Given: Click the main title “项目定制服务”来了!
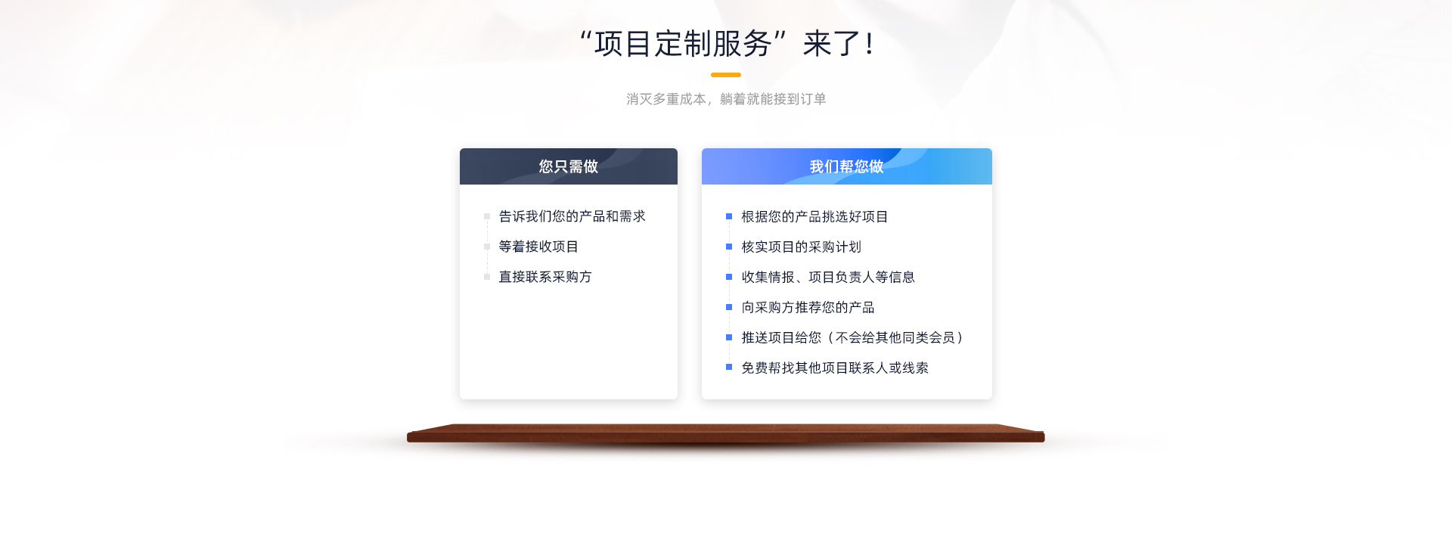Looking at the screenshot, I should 726,44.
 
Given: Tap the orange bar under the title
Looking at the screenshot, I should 726,75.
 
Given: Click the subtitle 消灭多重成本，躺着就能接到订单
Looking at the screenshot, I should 726,99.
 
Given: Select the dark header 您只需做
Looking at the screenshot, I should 569,166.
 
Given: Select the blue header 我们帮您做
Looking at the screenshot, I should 846,166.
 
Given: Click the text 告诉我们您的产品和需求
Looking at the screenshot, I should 572,216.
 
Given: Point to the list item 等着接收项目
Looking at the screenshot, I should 538,247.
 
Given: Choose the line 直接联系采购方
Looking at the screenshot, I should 545,277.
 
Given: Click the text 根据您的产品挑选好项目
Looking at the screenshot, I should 814,216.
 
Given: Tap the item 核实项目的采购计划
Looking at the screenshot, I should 801,247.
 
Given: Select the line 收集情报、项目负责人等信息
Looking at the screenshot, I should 828,277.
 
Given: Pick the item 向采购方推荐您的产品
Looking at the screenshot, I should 808,307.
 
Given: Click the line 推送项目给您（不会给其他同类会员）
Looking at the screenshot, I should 852,337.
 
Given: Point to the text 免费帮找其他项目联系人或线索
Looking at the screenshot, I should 835,368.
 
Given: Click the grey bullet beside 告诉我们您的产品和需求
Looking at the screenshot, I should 487,216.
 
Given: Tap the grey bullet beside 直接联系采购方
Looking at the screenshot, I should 487,277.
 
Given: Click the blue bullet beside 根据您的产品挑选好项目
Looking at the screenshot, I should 729,216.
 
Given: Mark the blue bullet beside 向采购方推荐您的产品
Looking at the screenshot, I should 729,307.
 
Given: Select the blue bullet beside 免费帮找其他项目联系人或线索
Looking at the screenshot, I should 729,368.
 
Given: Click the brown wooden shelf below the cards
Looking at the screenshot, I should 726,433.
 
